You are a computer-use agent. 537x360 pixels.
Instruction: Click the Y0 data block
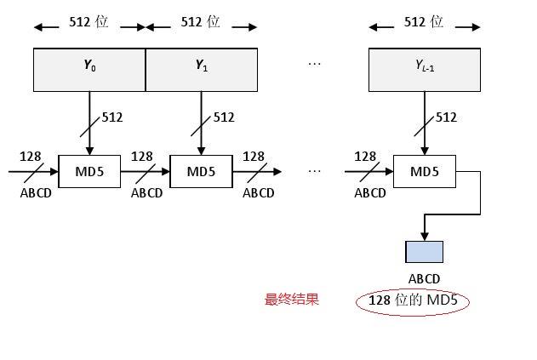pyautogui.click(x=89, y=70)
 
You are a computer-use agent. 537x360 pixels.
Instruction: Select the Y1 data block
pyautogui.click(x=202, y=70)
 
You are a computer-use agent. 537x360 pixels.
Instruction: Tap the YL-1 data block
pyautogui.click(x=425, y=70)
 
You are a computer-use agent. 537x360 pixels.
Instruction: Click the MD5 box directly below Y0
pyautogui.click(x=89, y=172)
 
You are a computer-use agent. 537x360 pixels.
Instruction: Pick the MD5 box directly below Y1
pyautogui.click(x=202, y=172)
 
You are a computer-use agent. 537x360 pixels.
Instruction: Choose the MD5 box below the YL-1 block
pyautogui.click(x=425, y=172)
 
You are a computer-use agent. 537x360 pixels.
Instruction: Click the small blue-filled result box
pyautogui.click(x=425, y=252)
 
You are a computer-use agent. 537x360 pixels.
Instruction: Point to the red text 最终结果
pyautogui.click(x=292, y=300)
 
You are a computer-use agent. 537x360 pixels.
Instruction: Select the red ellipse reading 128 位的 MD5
pyautogui.click(x=413, y=300)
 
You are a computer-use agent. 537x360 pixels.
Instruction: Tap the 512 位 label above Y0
pyautogui.click(x=89, y=23)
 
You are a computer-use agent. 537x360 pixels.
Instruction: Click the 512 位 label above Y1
pyautogui.click(x=201, y=23)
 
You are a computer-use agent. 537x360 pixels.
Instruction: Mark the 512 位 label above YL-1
pyautogui.click(x=424, y=23)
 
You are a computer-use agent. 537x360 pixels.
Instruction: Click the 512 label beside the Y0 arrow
pyautogui.click(x=113, y=117)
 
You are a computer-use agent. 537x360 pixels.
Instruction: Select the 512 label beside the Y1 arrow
pyautogui.click(x=225, y=117)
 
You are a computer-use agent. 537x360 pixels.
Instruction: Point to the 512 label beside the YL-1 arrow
pyautogui.click(x=447, y=117)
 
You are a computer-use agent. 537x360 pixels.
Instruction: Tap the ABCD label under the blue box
pyautogui.click(x=425, y=278)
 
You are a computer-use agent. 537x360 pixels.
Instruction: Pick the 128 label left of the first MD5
pyautogui.click(x=30, y=157)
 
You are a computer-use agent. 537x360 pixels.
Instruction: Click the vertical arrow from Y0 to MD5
pyautogui.click(x=89, y=123)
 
